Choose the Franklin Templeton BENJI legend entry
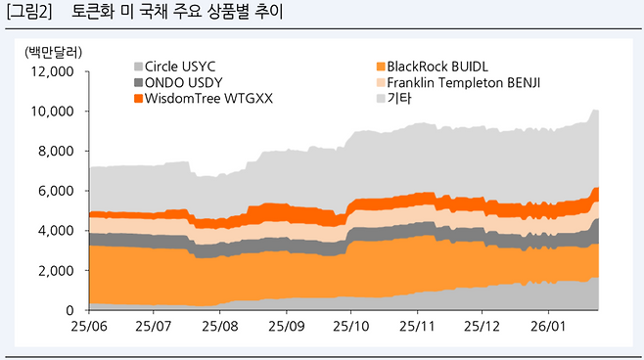coord(463,82)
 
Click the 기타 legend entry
coord(398,99)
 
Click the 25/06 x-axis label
coord(89,324)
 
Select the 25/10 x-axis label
coord(351,324)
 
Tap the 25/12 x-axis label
coord(483,324)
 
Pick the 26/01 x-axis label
coord(548,324)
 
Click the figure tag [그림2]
coord(30,14)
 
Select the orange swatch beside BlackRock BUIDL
coord(381,66)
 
